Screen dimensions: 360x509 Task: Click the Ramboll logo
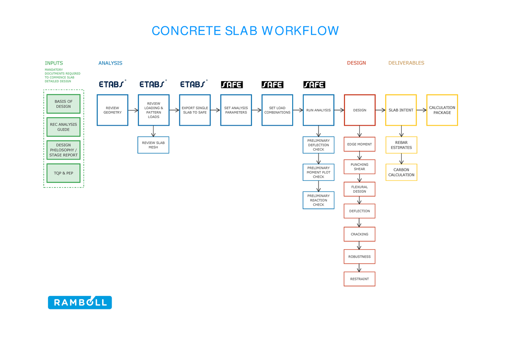coord(80,302)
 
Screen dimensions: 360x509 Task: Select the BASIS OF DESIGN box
coord(64,104)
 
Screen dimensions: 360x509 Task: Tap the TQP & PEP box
coord(64,173)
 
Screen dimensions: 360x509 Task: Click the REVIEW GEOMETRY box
coord(112,110)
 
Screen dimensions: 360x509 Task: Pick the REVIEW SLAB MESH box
coord(153,145)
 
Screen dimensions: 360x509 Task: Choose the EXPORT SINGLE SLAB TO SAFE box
coord(195,110)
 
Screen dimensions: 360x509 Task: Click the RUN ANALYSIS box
coord(318,110)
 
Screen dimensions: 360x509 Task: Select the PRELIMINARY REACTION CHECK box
coord(318,200)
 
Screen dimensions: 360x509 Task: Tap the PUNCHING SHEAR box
coord(359,167)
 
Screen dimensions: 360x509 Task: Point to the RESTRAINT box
coord(359,279)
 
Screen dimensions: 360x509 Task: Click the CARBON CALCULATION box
coord(401,172)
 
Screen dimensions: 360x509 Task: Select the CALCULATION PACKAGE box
coord(442,110)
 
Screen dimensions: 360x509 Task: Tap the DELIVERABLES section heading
coord(406,63)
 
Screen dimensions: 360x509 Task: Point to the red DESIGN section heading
coord(356,63)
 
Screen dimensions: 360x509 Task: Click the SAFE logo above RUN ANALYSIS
coord(314,84)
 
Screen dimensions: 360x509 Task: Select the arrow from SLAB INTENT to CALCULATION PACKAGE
coord(421,110)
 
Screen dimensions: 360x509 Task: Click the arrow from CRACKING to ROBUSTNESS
coord(359,245)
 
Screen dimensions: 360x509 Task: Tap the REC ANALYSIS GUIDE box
coord(64,127)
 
